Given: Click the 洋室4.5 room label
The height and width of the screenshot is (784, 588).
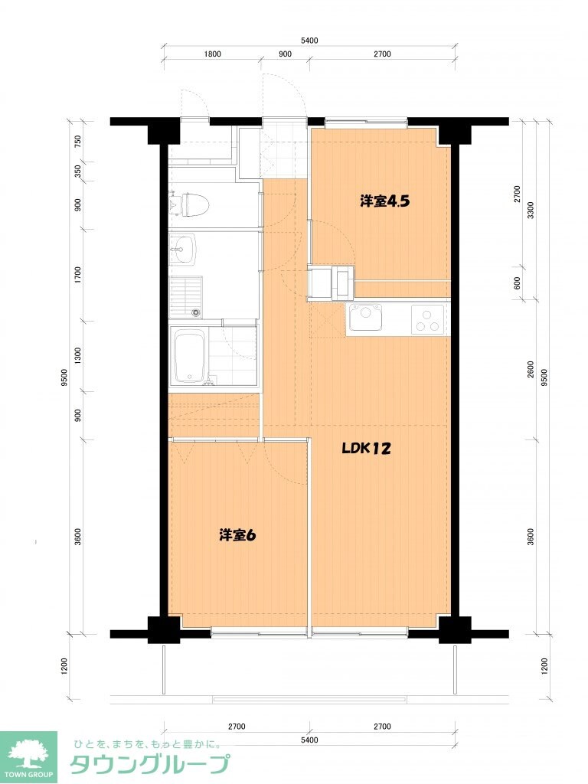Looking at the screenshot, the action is coord(385,201).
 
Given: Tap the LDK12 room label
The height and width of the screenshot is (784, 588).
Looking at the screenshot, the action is coord(366,449).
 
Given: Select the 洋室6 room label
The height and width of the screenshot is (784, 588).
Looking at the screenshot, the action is coord(237,535).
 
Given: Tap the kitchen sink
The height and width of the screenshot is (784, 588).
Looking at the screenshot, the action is coord(365,318).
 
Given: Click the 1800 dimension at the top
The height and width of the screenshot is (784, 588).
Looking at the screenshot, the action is coord(213,54).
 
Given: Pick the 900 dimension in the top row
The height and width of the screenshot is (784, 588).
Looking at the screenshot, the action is coord(285,54).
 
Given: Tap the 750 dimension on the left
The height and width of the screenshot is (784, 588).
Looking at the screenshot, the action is coord(77,142).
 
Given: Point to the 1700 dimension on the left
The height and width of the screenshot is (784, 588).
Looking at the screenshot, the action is coord(77,275).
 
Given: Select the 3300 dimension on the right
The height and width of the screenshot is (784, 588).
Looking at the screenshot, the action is coord(531,210).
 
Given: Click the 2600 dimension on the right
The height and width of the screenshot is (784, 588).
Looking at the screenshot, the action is coord(531,370).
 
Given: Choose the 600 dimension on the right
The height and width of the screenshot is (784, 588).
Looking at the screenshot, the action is coord(518,283).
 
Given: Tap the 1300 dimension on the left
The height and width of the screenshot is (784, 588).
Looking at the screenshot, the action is coord(77,356).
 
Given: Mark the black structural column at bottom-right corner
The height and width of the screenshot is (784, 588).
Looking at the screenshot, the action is coord(455,629).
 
